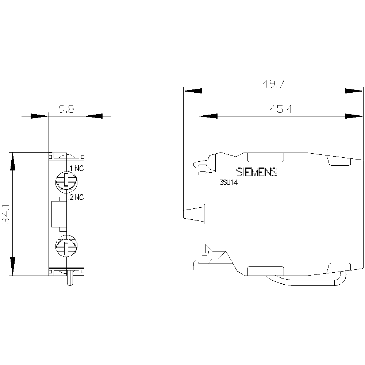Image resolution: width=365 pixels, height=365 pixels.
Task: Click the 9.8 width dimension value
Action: click(67, 109)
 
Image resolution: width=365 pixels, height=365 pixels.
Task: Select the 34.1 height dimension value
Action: click(6, 214)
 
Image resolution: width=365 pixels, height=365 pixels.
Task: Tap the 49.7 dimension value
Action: click(273, 84)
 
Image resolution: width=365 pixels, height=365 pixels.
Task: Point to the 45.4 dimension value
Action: click(281, 109)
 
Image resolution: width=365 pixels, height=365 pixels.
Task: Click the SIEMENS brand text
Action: click(257, 172)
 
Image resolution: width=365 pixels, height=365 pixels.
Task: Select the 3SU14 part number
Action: click(228, 183)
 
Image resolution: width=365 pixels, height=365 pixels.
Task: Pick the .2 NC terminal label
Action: click(76, 197)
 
